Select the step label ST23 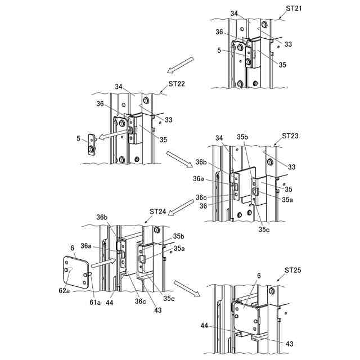coord(290,136)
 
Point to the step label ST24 coord(158,211)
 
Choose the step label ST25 coord(293,270)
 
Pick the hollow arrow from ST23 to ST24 coord(181,210)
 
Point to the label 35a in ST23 coord(287,199)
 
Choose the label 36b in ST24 coord(102,218)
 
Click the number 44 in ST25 coord(205,325)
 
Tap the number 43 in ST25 coord(290,343)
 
